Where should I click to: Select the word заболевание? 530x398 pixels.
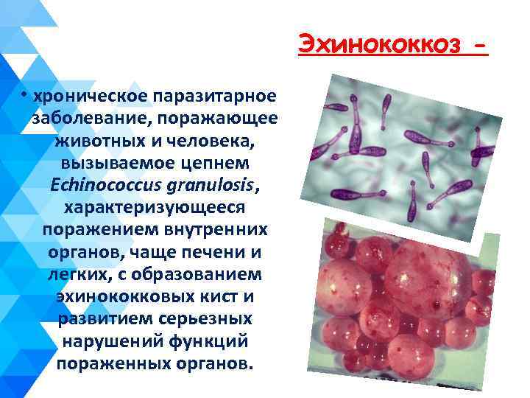[91, 119]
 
